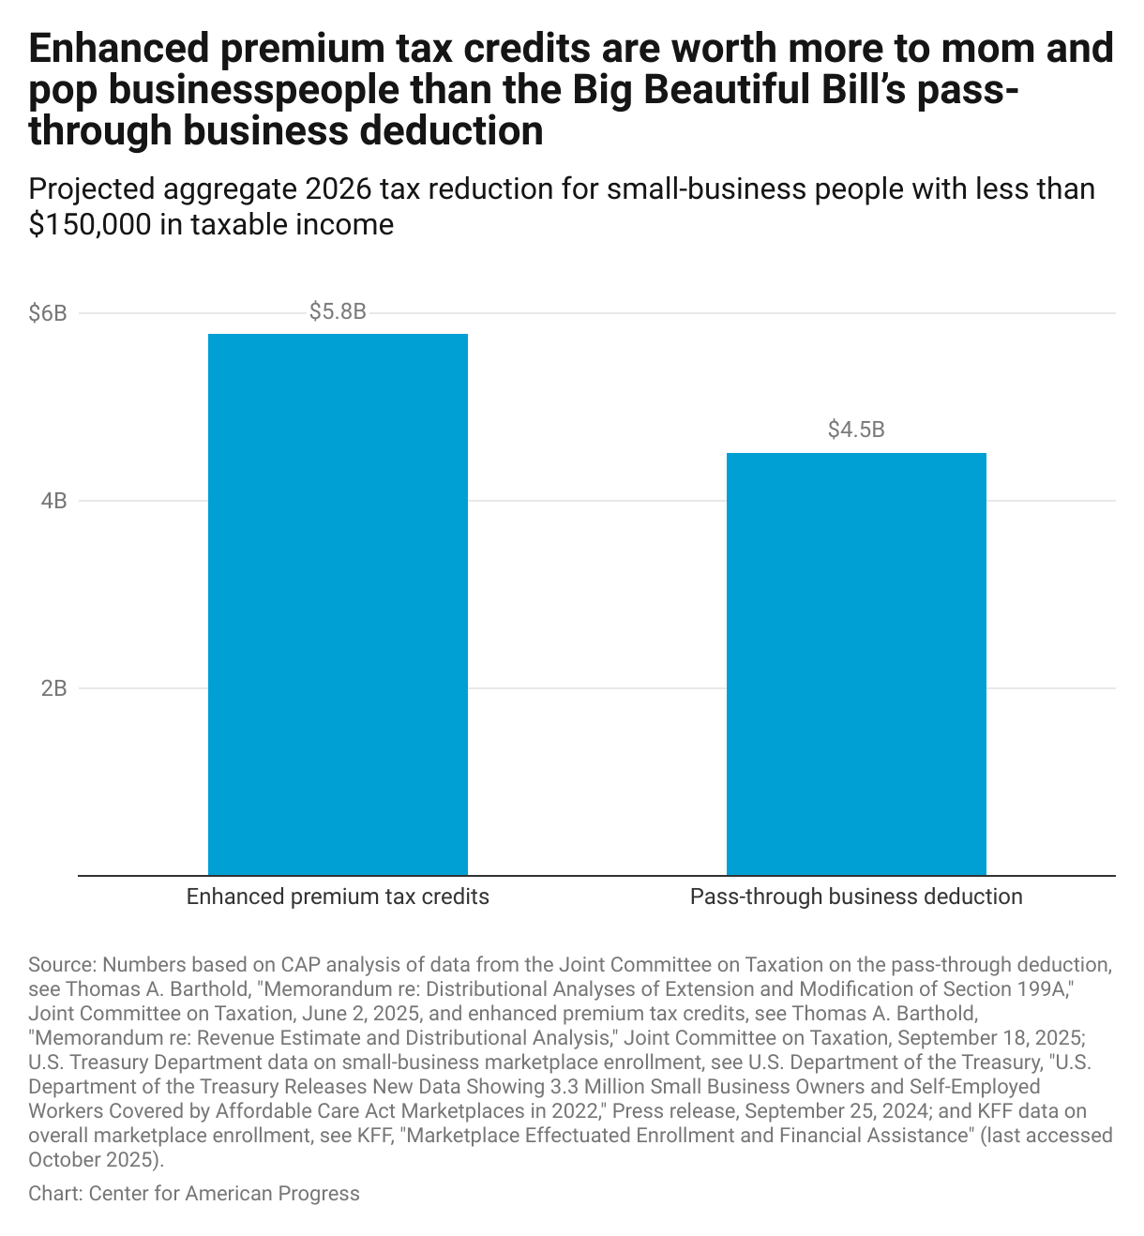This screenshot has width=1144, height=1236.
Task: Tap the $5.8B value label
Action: click(x=338, y=312)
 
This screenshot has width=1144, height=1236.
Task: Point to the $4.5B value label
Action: click(x=856, y=430)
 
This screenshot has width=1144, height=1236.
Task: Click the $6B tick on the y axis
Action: click(x=48, y=313)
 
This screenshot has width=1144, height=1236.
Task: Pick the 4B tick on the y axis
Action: click(x=53, y=501)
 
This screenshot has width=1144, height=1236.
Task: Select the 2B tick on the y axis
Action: click(x=53, y=688)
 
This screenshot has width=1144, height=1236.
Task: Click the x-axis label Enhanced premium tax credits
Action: click(x=338, y=897)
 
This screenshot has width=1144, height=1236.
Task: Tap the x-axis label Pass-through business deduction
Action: click(x=856, y=897)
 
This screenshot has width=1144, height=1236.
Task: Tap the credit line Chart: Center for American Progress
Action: click(x=194, y=1194)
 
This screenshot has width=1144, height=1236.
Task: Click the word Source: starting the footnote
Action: click(x=63, y=965)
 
